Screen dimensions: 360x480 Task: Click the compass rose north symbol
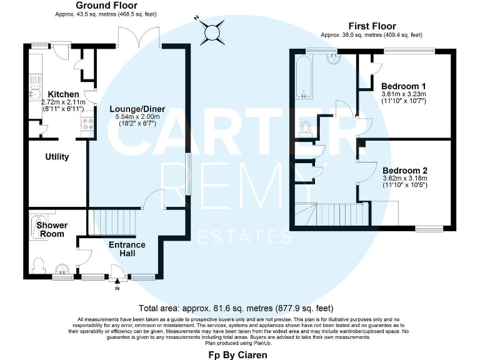pyautogui.click(x=212, y=29)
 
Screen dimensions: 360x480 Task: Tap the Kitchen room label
pyautogui.click(x=60, y=94)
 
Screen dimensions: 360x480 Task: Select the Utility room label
pyautogui.click(x=57, y=157)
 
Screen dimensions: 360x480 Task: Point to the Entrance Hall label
pyautogui.click(x=127, y=249)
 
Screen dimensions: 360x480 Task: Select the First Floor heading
pyautogui.click(x=371, y=26)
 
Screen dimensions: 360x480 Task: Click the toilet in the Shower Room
pyautogui.click(x=37, y=265)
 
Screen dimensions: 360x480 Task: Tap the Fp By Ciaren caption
pyautogui.click(x=237, y=355)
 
